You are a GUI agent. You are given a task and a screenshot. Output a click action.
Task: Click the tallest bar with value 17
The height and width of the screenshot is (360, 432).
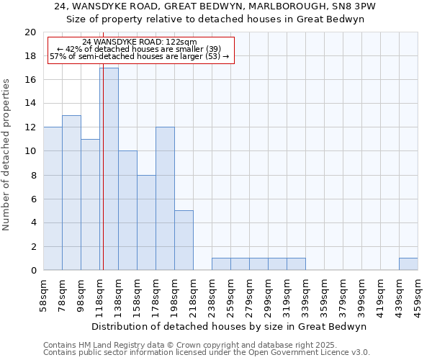coord(109,169)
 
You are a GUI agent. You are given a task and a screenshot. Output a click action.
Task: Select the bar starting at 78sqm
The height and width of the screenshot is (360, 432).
coord(71,193)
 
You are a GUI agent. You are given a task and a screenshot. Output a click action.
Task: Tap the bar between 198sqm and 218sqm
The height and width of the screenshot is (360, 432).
coord(184,240)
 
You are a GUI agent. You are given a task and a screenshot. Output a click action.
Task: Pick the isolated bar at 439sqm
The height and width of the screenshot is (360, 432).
coord(408,264)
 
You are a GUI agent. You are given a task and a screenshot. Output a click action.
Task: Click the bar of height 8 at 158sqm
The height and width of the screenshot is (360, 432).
coord(146,222)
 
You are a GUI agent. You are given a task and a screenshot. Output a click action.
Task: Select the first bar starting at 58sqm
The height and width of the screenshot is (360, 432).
coord(53,199)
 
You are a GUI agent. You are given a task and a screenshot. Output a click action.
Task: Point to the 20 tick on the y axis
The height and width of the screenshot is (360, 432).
coord(30,32)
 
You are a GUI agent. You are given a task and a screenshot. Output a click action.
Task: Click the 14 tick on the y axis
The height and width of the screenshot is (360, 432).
coord(30,104)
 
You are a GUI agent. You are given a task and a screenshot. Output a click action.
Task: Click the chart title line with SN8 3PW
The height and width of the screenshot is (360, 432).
coord(215,6)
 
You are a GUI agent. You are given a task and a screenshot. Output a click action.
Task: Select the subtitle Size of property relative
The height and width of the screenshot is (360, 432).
coord(215,19)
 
